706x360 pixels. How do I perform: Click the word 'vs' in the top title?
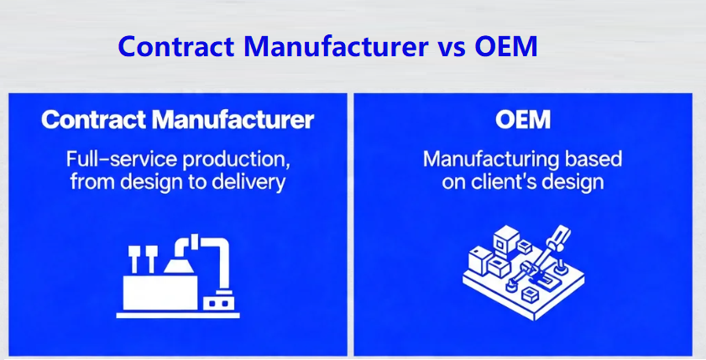coord(452,46)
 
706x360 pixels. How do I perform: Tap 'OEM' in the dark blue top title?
coord(505,46)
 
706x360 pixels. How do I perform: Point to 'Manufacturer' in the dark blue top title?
coord(336,46)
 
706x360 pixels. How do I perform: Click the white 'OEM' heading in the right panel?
coord(523,120)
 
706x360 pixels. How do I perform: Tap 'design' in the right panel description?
coord(573,181)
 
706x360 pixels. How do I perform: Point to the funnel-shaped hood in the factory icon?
coord(180,262)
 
